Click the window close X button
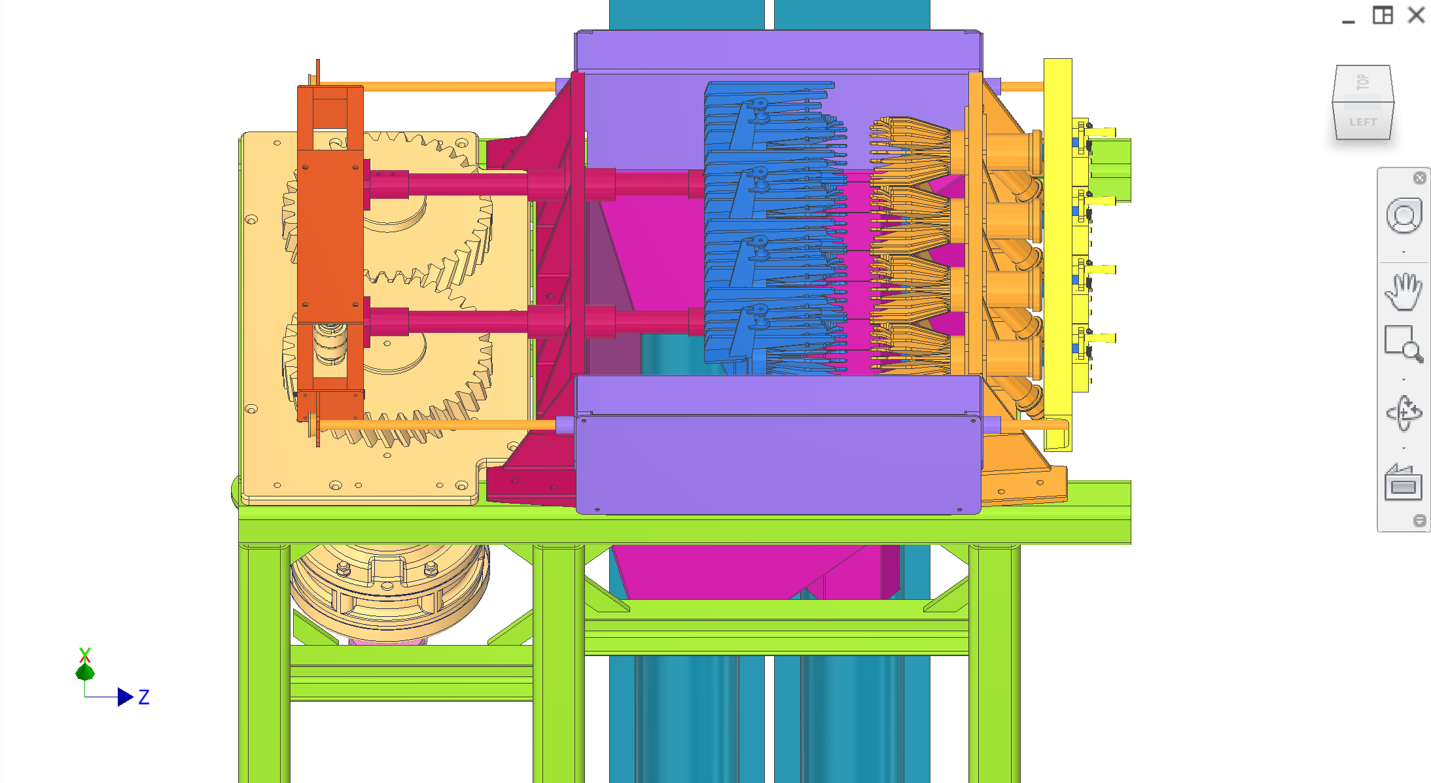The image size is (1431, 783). (x=1417, y=15)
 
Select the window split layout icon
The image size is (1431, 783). (x=1382, y=15)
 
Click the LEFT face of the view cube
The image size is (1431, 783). (x=1363, y=122)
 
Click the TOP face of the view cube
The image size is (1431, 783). (x=1363, y=82)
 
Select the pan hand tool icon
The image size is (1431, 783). (x=1403, y=292)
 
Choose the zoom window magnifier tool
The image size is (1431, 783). (x=1403, y=343)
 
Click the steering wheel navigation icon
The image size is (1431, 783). (x=1403, y=216)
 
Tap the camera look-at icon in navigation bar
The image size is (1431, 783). (x=1403, y=484)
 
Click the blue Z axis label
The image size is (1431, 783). (x=144, y=697)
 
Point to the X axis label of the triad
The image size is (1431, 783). (x=84, y=654)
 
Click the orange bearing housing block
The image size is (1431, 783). (x=330, y=235)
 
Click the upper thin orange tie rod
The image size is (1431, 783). (x=458, y=86)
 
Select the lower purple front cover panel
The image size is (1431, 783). (x=778, y=464)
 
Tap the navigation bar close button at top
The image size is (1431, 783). (x=1419, y=178)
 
